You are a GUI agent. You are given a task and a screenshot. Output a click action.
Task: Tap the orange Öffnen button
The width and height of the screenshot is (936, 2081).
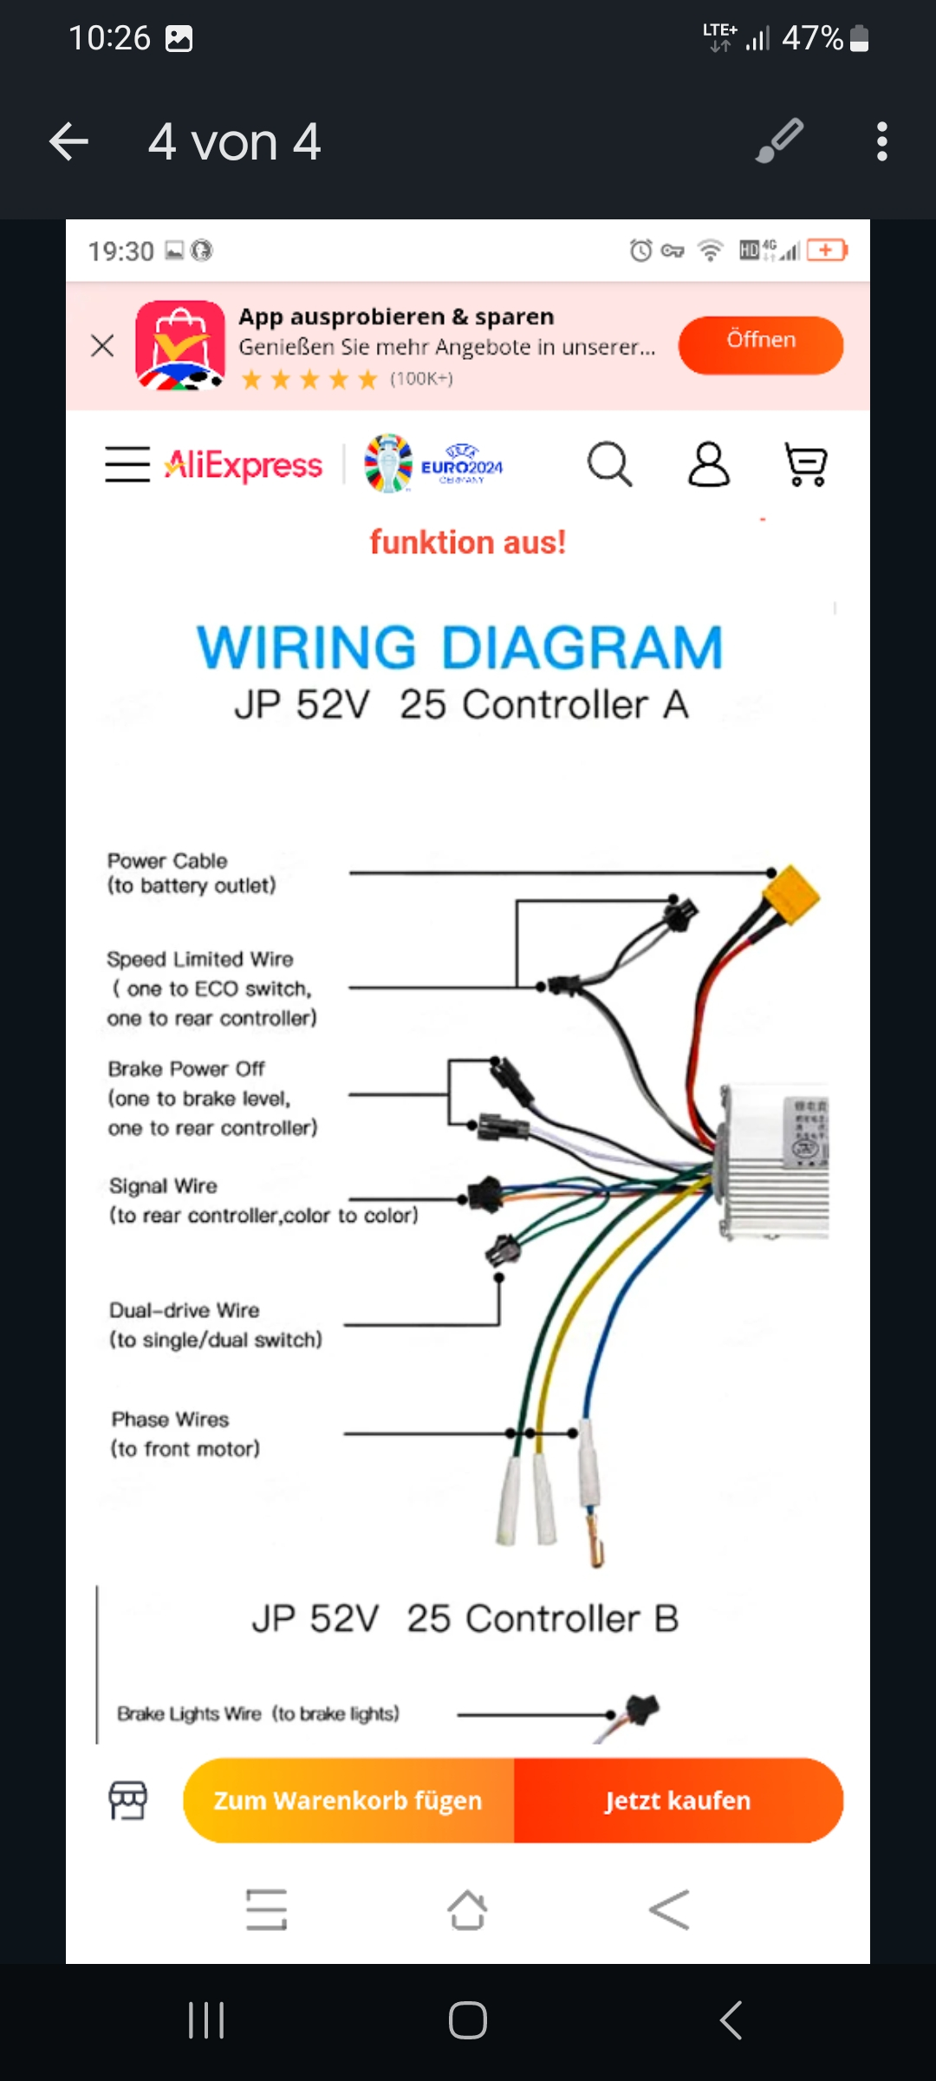pos(760,344)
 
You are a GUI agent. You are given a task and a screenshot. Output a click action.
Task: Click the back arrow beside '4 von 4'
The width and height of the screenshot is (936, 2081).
pos(69,142)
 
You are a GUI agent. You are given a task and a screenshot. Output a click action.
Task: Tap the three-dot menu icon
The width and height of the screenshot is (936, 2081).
pos(881,142)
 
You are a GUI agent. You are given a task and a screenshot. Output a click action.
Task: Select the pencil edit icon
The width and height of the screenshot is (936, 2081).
pos(779,141)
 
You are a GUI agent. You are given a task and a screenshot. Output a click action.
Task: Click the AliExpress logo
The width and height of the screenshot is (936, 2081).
pos(244,465)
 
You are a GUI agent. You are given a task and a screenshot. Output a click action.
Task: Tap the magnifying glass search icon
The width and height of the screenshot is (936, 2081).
pos(609,465)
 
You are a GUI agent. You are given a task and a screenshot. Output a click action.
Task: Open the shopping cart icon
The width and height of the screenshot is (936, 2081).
pos(805,465)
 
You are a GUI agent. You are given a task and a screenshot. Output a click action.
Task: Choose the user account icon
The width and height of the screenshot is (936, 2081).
pos(708,465)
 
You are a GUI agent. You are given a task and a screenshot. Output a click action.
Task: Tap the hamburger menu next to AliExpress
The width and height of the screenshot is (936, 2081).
pos(127,464)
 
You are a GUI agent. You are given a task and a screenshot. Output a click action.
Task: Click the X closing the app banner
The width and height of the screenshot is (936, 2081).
pos(102,346)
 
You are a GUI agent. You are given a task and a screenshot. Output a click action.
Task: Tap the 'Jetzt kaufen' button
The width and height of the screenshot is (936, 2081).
pos(678,1800)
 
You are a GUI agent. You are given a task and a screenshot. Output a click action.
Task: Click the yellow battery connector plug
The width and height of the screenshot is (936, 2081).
pos(791,896)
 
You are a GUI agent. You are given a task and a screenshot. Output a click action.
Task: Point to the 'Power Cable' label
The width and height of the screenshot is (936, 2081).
pos(167,861)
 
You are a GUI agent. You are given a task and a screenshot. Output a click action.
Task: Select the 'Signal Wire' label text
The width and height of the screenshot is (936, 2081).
pos(163,1186)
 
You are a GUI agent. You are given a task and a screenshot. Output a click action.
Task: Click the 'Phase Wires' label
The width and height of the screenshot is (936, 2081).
pos(170,1419)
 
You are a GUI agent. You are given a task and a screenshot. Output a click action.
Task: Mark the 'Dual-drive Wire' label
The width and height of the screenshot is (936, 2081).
pos(184,1310)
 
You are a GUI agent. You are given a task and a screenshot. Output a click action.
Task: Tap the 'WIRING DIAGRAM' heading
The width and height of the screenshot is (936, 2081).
pos(459,648)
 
